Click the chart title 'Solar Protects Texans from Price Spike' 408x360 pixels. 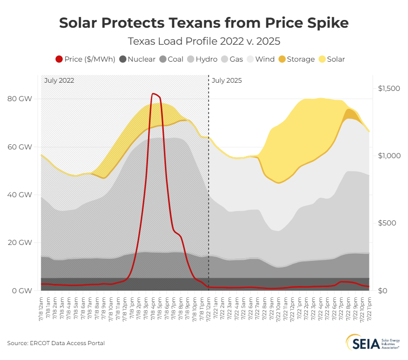point(204,23)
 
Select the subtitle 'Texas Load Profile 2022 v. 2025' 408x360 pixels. point(204,41)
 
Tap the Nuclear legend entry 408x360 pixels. point(137,59)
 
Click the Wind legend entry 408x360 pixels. point(261,59)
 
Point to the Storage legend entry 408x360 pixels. point(296,59)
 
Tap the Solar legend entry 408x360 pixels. point(332,59)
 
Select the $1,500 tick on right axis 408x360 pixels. point(388,88)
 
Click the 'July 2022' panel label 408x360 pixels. point(59,81)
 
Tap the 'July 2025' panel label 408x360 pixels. point(227,81)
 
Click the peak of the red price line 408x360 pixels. point(153,94)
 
